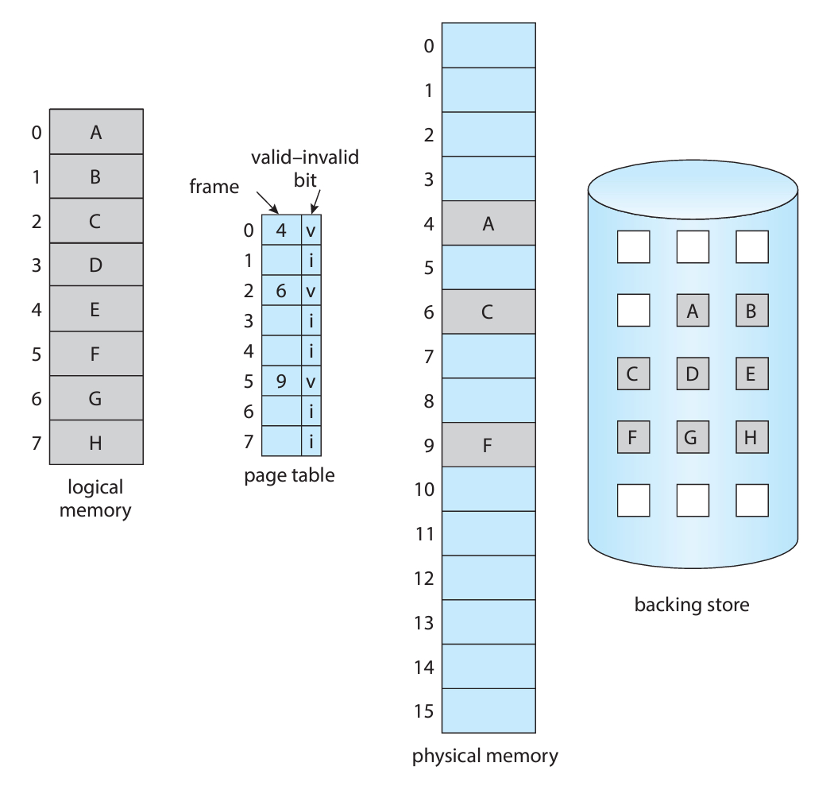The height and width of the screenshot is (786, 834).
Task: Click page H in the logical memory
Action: [x=95, y=443]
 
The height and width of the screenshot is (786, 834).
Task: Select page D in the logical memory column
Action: [x=95, y=265]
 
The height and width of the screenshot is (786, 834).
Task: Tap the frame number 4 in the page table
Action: [x=280, y=231]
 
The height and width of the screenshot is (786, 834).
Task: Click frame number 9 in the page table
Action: [x=280, y=381]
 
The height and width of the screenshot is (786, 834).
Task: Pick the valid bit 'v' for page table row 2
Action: [x=311, y=292]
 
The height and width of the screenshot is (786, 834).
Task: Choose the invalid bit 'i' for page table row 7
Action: [x=311, y=442]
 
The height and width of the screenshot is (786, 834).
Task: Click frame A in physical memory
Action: [x=488, y=223]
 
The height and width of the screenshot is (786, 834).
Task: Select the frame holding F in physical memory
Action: [x=488, y=445]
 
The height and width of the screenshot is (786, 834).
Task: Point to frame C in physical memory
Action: [x=488, y=312]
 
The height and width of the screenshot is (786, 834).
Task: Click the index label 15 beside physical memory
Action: [x=426, y=710]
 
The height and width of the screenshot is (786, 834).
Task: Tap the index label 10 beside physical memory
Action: [x=426, y=489]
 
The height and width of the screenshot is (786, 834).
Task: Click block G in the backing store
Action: [x=692, y=436]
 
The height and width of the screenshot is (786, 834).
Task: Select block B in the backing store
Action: [x=751, y=311]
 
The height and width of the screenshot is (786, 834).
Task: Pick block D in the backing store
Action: [x=692, y=374]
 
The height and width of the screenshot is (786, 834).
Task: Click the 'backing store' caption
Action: [x=691, y=606]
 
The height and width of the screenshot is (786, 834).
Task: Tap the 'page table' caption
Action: [x=290, y=476]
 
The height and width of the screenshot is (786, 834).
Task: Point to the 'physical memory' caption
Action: [x=485, y=756]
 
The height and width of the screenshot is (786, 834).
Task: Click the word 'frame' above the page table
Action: [x=214, y=187]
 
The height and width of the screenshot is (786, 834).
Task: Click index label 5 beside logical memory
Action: [x=37, y=354]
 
